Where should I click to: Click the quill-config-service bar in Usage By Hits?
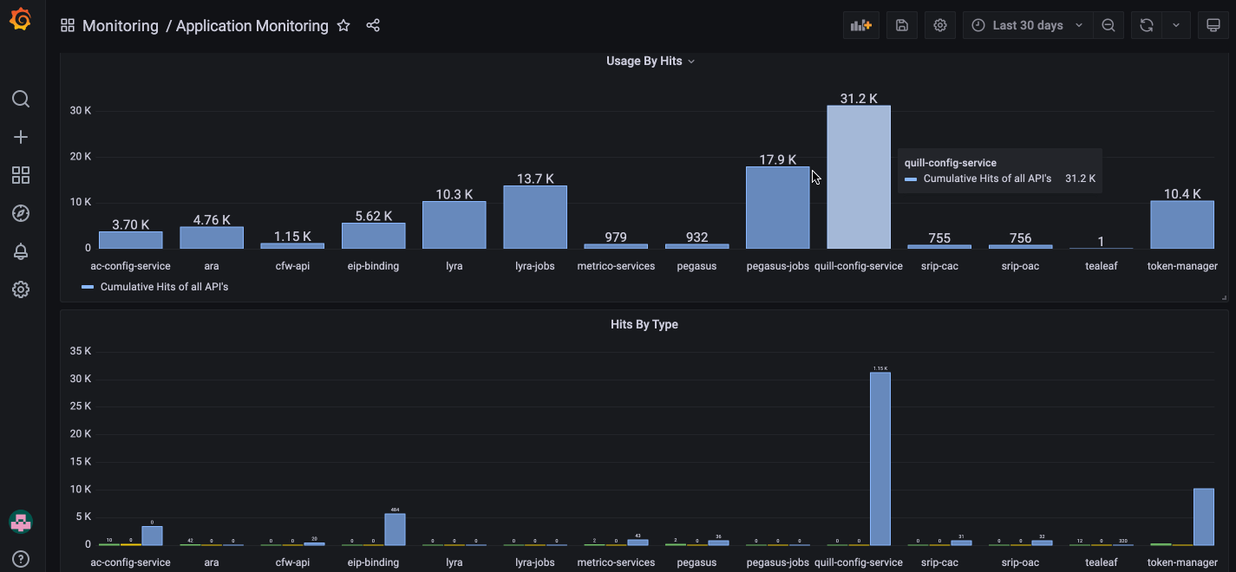[x=858, y=178]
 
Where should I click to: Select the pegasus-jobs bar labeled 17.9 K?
[x=777, y=208]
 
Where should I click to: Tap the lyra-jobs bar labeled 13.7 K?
[x=534, y=218]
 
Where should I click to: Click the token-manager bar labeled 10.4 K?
[x=1181, y=224]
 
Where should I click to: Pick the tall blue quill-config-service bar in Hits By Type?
[x=880, y=458]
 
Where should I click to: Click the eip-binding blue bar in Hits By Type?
[x=395, y=530]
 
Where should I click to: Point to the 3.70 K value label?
[x=130, y=224]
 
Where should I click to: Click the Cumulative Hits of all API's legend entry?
[x=164, y=286]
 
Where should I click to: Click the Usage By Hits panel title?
[x=644, y=62]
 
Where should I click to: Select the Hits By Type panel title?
[x=644, y=324]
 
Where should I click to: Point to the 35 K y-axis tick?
[x=80, y=351]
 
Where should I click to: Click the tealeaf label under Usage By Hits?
[x=1101, y=266]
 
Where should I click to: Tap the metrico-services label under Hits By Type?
[x=616, y=562]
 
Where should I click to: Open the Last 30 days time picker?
[x=1027, y=25]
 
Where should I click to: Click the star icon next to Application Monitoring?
[x=343, y=25]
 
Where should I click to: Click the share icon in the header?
[x=373, y=25]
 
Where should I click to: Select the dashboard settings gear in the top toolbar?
[x=940, y=25]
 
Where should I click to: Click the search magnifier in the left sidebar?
[x=21, y=99]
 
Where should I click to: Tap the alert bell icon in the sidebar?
[x=21, y=251]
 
